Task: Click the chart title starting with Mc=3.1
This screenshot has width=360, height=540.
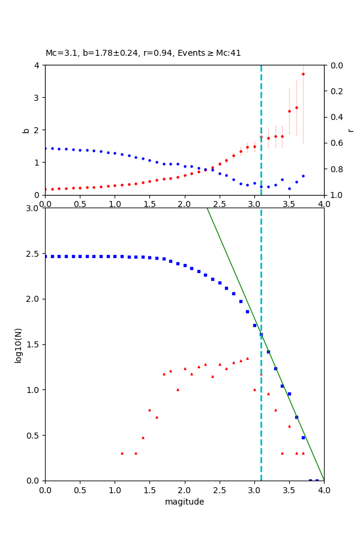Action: click(x=143, y=53)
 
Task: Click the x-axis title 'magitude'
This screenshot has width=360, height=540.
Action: click(x=184, y=502)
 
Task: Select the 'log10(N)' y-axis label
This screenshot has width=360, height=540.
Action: click(x=18, y=344)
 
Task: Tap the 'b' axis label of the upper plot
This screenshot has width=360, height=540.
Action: click(x=26, y=130)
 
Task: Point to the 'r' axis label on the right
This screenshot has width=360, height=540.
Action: click(x=350, y=130)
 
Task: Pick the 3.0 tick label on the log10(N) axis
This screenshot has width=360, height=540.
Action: click(x=33, y=208)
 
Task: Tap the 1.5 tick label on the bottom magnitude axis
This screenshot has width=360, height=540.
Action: click(x=149, y=490)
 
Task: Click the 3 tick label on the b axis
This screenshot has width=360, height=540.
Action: click(x=37, y=97)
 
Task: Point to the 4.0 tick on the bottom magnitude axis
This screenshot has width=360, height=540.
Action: click(x=324, y=490)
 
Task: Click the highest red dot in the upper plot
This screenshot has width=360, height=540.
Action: click(x=303, y=74)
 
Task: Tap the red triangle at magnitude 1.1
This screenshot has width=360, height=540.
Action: click(x=122, y=453)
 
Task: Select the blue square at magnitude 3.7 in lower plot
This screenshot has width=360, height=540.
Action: click(x=303, y=437)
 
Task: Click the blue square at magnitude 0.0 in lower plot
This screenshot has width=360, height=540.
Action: click(x=45, y=256)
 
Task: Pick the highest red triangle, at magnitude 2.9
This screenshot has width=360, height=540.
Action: click(x=247, y=358)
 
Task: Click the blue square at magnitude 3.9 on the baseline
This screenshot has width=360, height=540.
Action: click(x=317, y=480)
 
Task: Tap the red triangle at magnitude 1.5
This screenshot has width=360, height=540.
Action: click(x=149, y=410)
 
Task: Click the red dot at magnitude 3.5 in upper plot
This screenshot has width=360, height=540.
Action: click(x=289, y=111)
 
